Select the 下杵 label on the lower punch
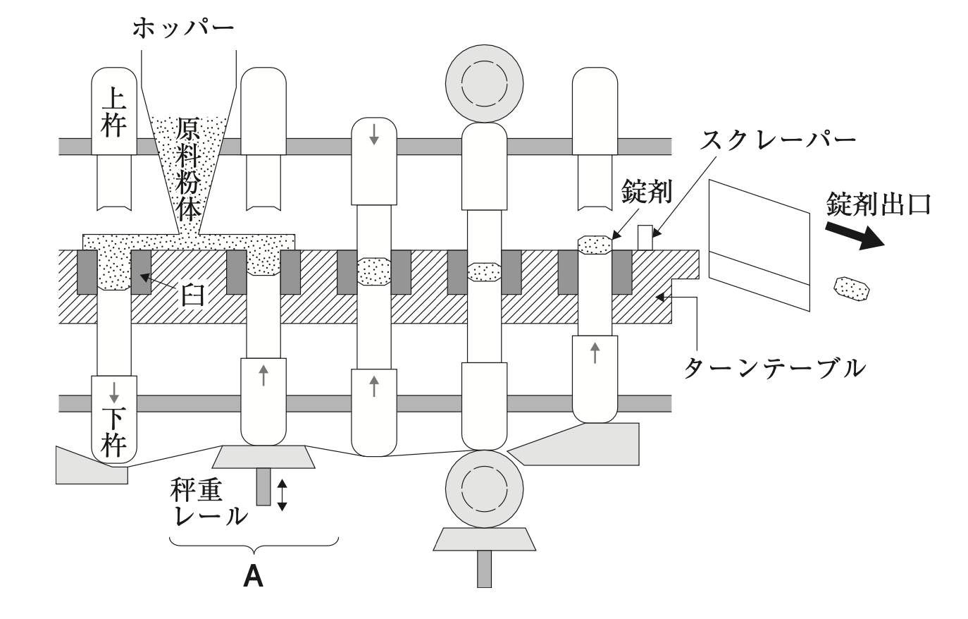[114, 431]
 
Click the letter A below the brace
[253, 577]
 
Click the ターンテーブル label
[776, 366]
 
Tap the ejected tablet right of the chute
[852, 289]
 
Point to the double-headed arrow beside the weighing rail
[282, 494]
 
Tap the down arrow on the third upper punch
[374, 135]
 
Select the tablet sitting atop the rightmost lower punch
[595, 245]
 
